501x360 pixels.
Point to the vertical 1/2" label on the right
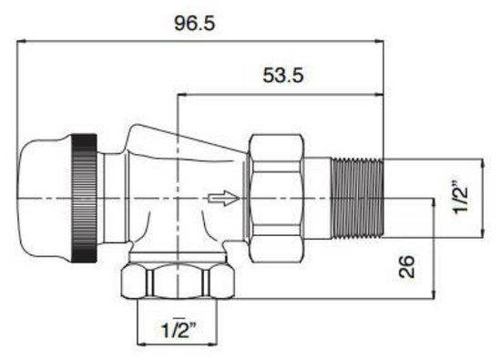tap(463, 193)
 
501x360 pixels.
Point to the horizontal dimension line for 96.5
tap(273, 40)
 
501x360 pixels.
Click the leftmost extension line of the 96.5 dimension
tap(17, 91)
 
